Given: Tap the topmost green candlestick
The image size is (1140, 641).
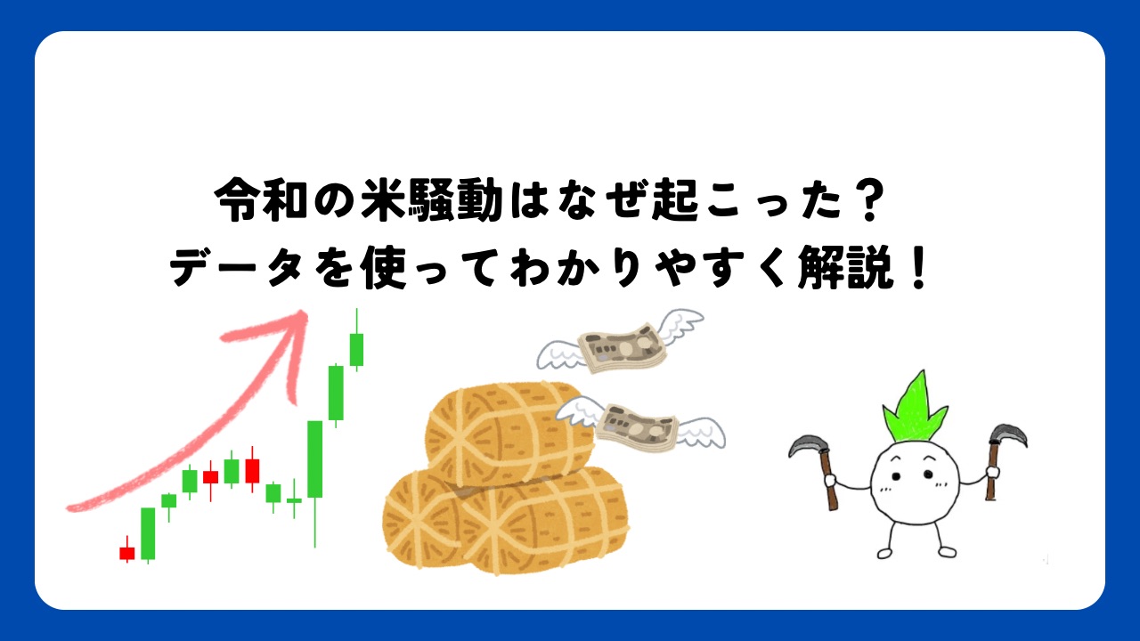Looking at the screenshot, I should point(356,349).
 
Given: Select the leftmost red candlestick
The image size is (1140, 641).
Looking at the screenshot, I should point(127,553).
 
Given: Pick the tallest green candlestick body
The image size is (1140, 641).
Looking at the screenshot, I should point(314,458).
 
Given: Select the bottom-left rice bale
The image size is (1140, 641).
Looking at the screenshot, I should point(427,521).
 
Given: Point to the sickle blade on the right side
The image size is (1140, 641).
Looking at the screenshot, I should point(1006,435).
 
